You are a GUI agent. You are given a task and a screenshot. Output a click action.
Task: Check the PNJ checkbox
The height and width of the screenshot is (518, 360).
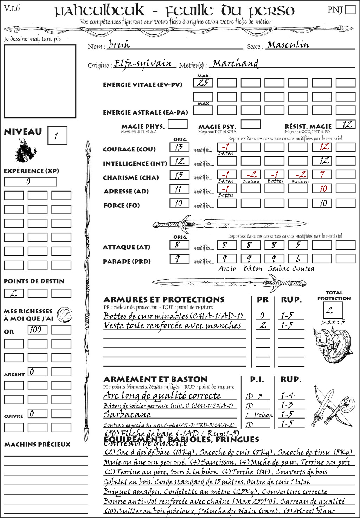[x=351, y=9]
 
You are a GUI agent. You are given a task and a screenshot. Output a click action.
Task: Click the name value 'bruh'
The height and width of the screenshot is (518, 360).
[x=119, y=45]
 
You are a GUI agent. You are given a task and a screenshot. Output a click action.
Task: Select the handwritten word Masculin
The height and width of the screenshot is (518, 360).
[x=288, y=45]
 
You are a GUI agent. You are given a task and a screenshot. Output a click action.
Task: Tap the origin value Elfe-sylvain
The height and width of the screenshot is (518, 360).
[x=143, y=64]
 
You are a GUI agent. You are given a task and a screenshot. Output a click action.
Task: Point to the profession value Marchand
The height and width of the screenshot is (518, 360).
[x=236, y=64]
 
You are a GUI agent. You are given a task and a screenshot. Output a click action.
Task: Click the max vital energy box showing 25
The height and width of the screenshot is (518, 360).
[x=203, y=83]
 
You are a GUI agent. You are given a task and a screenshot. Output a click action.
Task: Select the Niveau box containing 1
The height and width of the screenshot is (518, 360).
[x=57, y=136]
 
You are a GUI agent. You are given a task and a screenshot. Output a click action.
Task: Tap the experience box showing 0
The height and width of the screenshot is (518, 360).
[x=30, y=182]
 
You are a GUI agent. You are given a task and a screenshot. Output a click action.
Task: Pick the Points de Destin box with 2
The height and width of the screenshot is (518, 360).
[x=14, y=293]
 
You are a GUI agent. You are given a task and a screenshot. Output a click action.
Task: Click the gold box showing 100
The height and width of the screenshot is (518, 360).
[x=37, y=330]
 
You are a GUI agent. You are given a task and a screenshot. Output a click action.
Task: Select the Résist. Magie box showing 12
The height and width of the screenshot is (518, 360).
[x=345, y=124]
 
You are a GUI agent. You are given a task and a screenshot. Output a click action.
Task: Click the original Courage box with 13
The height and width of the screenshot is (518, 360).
[x=179, y=147]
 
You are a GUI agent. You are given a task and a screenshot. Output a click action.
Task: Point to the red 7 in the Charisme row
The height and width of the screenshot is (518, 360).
[x=322, y=175]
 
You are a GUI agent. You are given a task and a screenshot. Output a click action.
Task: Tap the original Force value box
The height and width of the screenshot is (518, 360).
[x=179, y=203]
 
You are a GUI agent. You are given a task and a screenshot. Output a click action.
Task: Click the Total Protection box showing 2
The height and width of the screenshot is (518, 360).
[x=333, y=310]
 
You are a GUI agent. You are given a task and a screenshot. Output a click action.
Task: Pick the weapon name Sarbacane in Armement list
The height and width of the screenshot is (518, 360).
[x=127, y=415]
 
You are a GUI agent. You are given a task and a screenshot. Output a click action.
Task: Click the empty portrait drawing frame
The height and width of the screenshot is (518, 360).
[x=40, y=81]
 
